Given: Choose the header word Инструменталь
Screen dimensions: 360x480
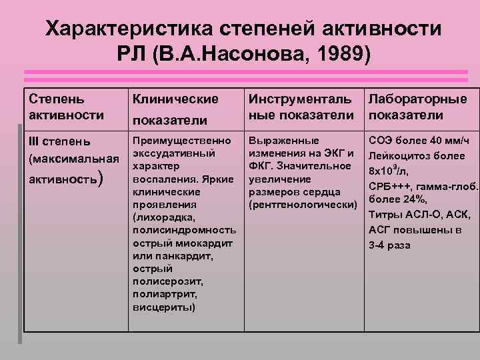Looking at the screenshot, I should [x=301, y=99].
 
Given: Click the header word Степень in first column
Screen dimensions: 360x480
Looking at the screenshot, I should [x=57, y=99].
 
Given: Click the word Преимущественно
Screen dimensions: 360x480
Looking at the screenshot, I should [x=183, y=141].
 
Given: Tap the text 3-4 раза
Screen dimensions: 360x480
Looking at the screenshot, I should [x=390, y=245].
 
